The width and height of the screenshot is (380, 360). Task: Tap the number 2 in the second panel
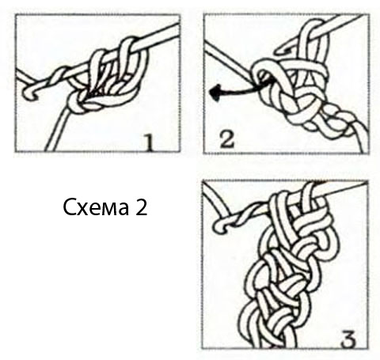point(227,139)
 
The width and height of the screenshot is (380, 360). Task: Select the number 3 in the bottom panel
point(348,339)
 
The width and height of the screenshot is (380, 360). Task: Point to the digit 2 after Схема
point(141,207)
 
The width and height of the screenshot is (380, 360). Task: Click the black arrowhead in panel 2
point(215,93)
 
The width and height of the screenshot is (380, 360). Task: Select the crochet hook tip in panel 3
point(219,226)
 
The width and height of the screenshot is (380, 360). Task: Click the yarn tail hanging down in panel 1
point(57,131)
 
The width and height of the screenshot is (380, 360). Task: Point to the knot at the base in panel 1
point(78,104)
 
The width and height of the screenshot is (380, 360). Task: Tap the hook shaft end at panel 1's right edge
point(175,29)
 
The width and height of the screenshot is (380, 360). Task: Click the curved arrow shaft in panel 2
point(243,89)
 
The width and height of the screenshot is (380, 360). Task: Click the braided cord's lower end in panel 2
point(362,142)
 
